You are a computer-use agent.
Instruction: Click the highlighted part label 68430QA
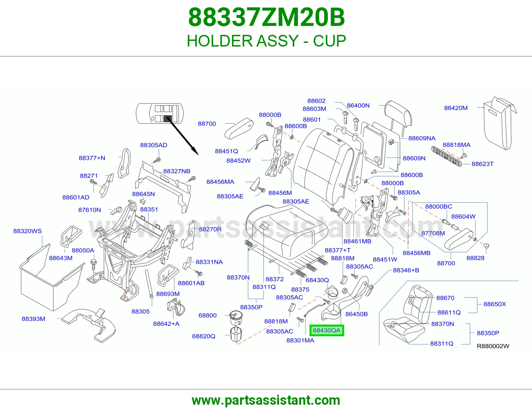click(327, 330)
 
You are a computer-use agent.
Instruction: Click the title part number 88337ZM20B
click(266, 17)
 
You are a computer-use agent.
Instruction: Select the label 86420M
click(456, 108)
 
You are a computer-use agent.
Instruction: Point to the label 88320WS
click(27, 231)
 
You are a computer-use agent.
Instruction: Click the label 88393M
click(34, 319)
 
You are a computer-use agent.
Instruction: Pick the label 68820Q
click(203, 336)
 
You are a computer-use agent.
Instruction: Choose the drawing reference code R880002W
click(493, 346)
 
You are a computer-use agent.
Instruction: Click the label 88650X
click(494, 304)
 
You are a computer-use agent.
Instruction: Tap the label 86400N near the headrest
click(358, 105)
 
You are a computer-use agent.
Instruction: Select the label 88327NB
click(177, 171)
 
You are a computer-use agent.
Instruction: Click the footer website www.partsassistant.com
click(266, 400)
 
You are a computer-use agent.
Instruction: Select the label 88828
click(475, 258)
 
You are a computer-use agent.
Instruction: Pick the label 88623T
click(482, 164)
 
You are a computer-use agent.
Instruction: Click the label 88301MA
click(300, 340)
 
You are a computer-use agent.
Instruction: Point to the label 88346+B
click(406, 270)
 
